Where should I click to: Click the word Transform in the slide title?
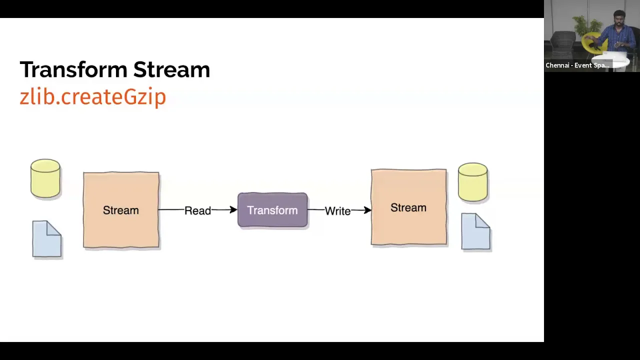click(x=73, y=69)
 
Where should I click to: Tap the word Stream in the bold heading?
click(x=171, y=69)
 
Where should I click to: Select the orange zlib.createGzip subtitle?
click(x=93, y=97)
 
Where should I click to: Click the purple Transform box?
click(x=272, y=210)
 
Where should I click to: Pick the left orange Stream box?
click(x=121, y=210)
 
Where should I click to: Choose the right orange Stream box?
click(x=409, y=207)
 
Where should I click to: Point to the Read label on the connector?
click(x=197, y=211)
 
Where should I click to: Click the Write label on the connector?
click(x=337, y=211)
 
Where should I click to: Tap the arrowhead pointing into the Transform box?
click(x=233, y=210)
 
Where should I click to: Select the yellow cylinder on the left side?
click(x=45, y=178)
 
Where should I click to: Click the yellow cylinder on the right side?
click(x=473, y=182)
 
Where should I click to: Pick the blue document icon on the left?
click(x=47, y=239)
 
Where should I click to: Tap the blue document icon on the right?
click(x=475, y=231)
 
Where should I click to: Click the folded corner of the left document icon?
click(x=54, y=228)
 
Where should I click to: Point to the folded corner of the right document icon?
click(x=483, y=220)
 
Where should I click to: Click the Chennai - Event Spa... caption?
click(x=577, y=65)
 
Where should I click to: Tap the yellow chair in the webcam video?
click(x=591, y=43)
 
